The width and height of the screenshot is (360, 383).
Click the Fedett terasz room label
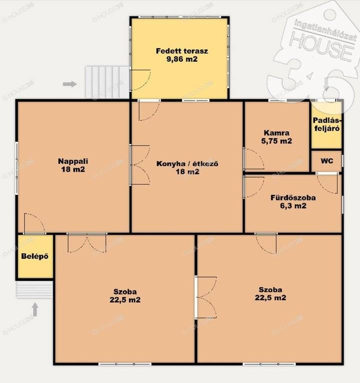(x=182, y=51)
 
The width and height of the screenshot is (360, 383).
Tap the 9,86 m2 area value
(x=182, y=59)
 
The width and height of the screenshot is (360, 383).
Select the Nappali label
(x=73, y=161)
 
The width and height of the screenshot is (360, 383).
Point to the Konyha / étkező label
(x=187, y=164)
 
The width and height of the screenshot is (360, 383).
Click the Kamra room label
(x=276, y=133)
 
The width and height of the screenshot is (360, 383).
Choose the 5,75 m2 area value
(x=276, y=141)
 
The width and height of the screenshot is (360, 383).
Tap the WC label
(x=327, y=161)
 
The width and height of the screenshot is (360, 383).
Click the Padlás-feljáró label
(x=327, y=124)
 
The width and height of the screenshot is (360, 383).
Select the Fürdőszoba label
(x=293, y=197)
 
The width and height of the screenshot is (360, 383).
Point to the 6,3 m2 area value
(x=293, y=205)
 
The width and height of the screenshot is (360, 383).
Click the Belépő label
(x=35, y=256)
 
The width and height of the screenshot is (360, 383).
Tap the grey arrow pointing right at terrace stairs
(x=70, y=84)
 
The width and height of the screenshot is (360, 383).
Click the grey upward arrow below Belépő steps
(x=35, y=310)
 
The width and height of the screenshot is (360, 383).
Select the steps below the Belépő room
(x=35, y=290)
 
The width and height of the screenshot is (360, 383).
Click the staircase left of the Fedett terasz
(x=107, y=82)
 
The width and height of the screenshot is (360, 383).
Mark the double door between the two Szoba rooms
(x=206, y=297)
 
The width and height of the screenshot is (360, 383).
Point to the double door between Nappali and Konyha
(x=140, y=165)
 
